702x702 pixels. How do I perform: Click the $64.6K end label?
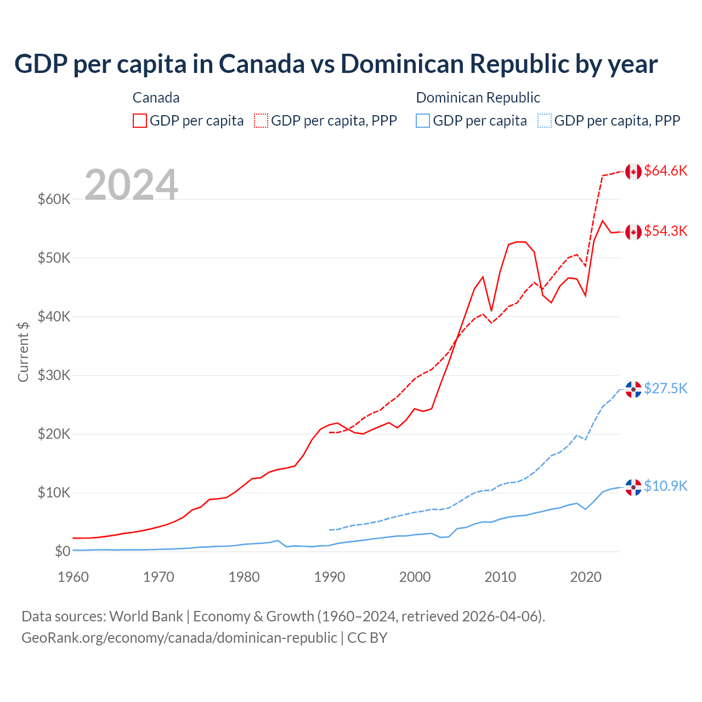665,171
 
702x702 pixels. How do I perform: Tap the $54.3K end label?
665,231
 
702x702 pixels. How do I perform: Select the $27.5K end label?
665,388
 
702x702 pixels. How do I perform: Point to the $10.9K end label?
665,486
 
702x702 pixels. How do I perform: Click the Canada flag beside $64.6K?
633,172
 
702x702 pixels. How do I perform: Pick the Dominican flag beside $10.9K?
633,487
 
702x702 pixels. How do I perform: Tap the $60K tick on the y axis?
54,199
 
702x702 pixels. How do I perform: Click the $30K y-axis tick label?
54,375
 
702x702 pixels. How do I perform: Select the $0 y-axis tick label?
63,551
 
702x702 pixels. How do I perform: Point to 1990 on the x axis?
330,577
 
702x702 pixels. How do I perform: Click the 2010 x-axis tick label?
500,577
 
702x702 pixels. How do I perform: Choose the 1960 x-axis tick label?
73,577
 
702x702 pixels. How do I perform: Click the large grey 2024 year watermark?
131,185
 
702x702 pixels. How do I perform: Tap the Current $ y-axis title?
23,352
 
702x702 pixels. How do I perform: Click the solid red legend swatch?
140,121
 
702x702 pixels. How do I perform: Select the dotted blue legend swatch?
545,121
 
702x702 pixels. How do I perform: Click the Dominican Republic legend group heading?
478,98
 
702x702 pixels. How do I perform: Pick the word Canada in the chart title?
262,64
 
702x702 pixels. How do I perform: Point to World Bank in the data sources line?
146,616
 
